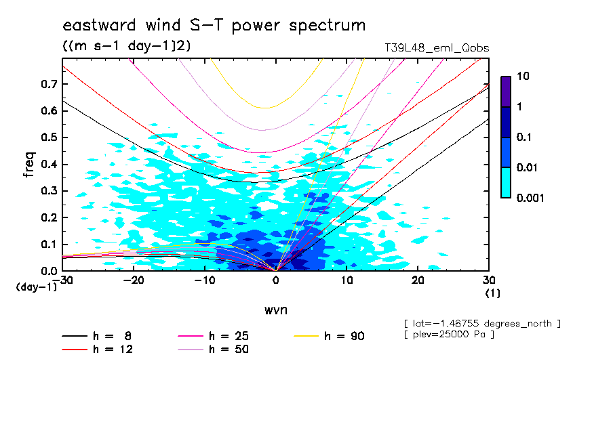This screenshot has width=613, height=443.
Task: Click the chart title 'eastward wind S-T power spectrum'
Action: pyautogui.click(x=214, y=26)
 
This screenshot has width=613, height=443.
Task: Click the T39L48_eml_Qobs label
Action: pyautogui.click(x=436, y=48)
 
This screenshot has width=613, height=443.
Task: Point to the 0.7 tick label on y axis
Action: pyautogui.click(x=49, y=84)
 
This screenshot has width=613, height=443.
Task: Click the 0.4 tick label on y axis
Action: pyautogui.click(x=49, y=165)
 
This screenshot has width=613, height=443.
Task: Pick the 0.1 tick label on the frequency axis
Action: pyautogui.click(x=49, y=245)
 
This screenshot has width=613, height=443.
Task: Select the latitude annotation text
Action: pyautogui.click(x=481, y=322)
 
